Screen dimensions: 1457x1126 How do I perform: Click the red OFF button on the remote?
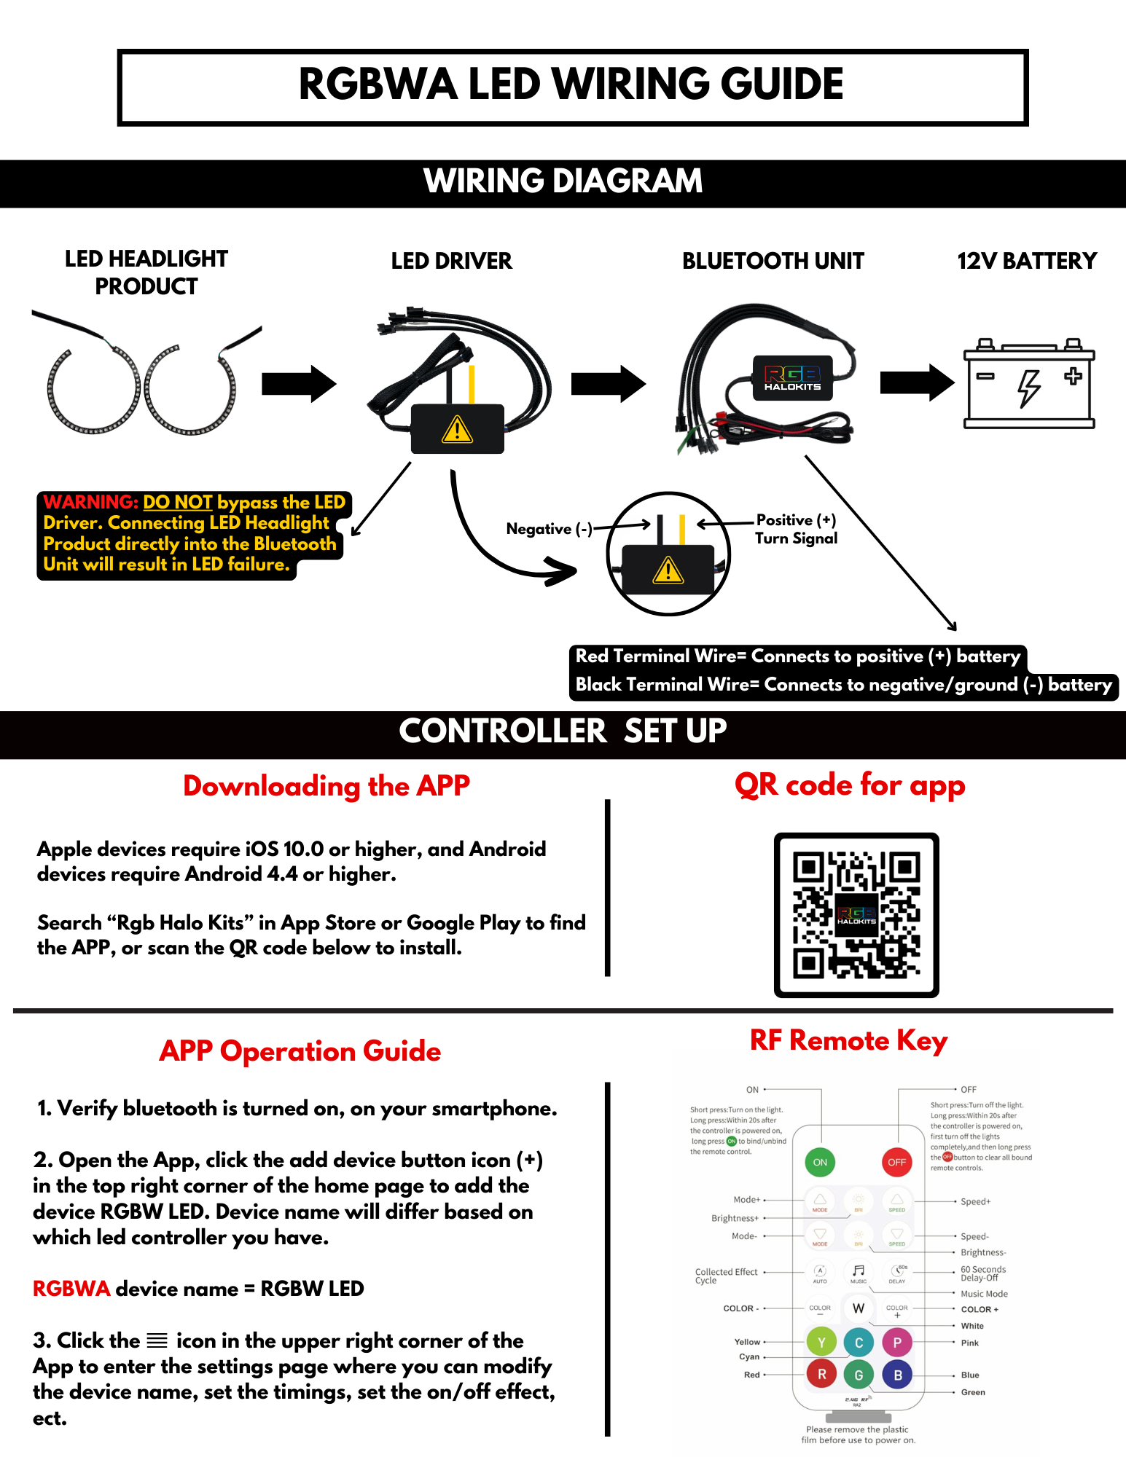click(x=896, y=1162)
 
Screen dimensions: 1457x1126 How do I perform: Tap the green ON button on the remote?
click(x=820, y=1162)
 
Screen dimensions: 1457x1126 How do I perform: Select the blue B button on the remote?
click(x=897, y=1375)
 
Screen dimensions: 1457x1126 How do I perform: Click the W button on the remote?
click(x=859, y=1308)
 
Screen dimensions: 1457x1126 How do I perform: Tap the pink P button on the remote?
click(x=897, y=1342)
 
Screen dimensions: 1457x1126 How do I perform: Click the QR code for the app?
click(x=856, y=915)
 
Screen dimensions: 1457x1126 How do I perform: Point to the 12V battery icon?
click(x=1029, y=383)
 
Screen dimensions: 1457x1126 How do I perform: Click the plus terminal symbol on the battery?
click(x=1073, y=376)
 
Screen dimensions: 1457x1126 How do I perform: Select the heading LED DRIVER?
click(x=451, y=261)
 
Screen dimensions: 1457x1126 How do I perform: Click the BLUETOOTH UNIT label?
click(x=773, y=261)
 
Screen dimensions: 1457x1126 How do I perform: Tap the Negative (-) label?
click(x=549, y=529)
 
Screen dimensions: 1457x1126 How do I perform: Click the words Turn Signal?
click(x=796, y=538)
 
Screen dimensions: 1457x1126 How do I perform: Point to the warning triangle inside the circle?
click(x=668, y=570)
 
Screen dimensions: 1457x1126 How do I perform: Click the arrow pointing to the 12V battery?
click(x=917, y=382)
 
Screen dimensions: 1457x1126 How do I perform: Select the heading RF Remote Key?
click(x=848, y=1040)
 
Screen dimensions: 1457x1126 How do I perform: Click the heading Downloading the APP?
click(x=327, y=786)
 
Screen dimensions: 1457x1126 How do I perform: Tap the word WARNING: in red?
click(x=91, y=502)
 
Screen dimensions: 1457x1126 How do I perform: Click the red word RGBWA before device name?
click(x=71, y=1289)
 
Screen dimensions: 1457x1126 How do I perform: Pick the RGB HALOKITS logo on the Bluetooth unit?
click(x=792, y=377)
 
